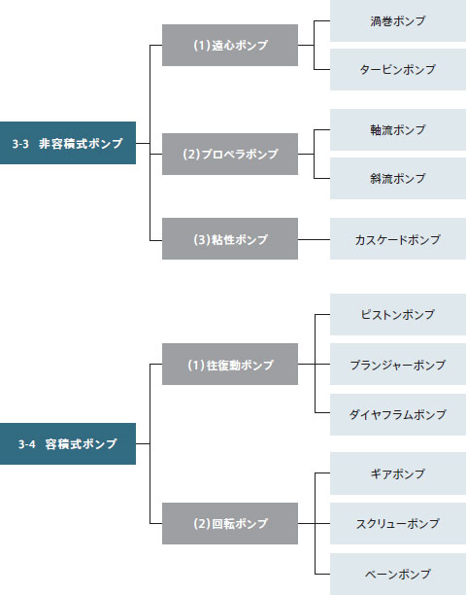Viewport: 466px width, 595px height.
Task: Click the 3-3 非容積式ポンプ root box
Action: click(68, 143)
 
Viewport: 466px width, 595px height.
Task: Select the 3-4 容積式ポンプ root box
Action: click(68, 443)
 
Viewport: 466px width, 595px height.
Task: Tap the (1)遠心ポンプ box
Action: click(230, 45)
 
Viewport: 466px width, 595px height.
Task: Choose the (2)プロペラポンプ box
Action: click(230, 154)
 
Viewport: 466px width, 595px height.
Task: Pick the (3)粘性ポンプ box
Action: click(230, 239)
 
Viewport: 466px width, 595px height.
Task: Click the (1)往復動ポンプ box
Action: click(230, 365)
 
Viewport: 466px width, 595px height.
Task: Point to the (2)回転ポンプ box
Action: click(230, 524)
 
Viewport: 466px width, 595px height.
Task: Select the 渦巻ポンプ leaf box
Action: click(398, 20)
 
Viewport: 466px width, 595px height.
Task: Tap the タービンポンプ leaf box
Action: click(398, 69)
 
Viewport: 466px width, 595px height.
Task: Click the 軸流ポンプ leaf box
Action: click(398, 129)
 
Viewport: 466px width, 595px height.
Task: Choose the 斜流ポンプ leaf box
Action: click(398, 178)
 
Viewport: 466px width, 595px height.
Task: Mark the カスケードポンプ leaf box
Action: click(398, 239)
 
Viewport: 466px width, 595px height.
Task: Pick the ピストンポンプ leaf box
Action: click(398, 315)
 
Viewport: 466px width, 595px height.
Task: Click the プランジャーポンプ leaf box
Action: click(398, 365)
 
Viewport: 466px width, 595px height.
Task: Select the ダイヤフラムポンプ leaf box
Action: click(398, 414)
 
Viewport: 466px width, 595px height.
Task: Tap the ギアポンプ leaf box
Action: click(398, 473)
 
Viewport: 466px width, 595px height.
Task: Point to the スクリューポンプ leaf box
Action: click(398, 524)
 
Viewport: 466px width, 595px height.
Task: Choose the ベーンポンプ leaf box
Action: click(398, 575)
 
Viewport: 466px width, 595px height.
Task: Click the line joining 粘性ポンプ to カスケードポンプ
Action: click(315, 240)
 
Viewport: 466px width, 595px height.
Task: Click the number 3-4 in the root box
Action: click(27, 444)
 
